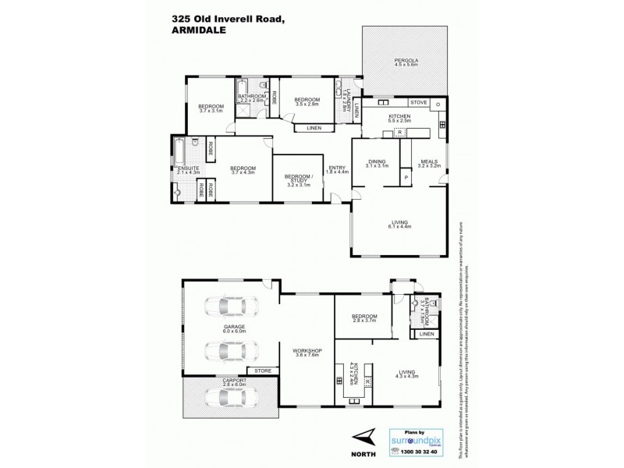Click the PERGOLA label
(x=405, y=59)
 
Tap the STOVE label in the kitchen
(x=419, y=102)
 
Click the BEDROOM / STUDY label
(x=297, y=178)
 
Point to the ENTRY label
(x=337, y=167)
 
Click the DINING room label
(x=377, y=161)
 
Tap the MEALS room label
(x=429, y=161)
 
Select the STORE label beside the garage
(x=258, y=370)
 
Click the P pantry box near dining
(x=406, y=179)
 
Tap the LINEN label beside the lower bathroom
(x=426, y=334)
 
